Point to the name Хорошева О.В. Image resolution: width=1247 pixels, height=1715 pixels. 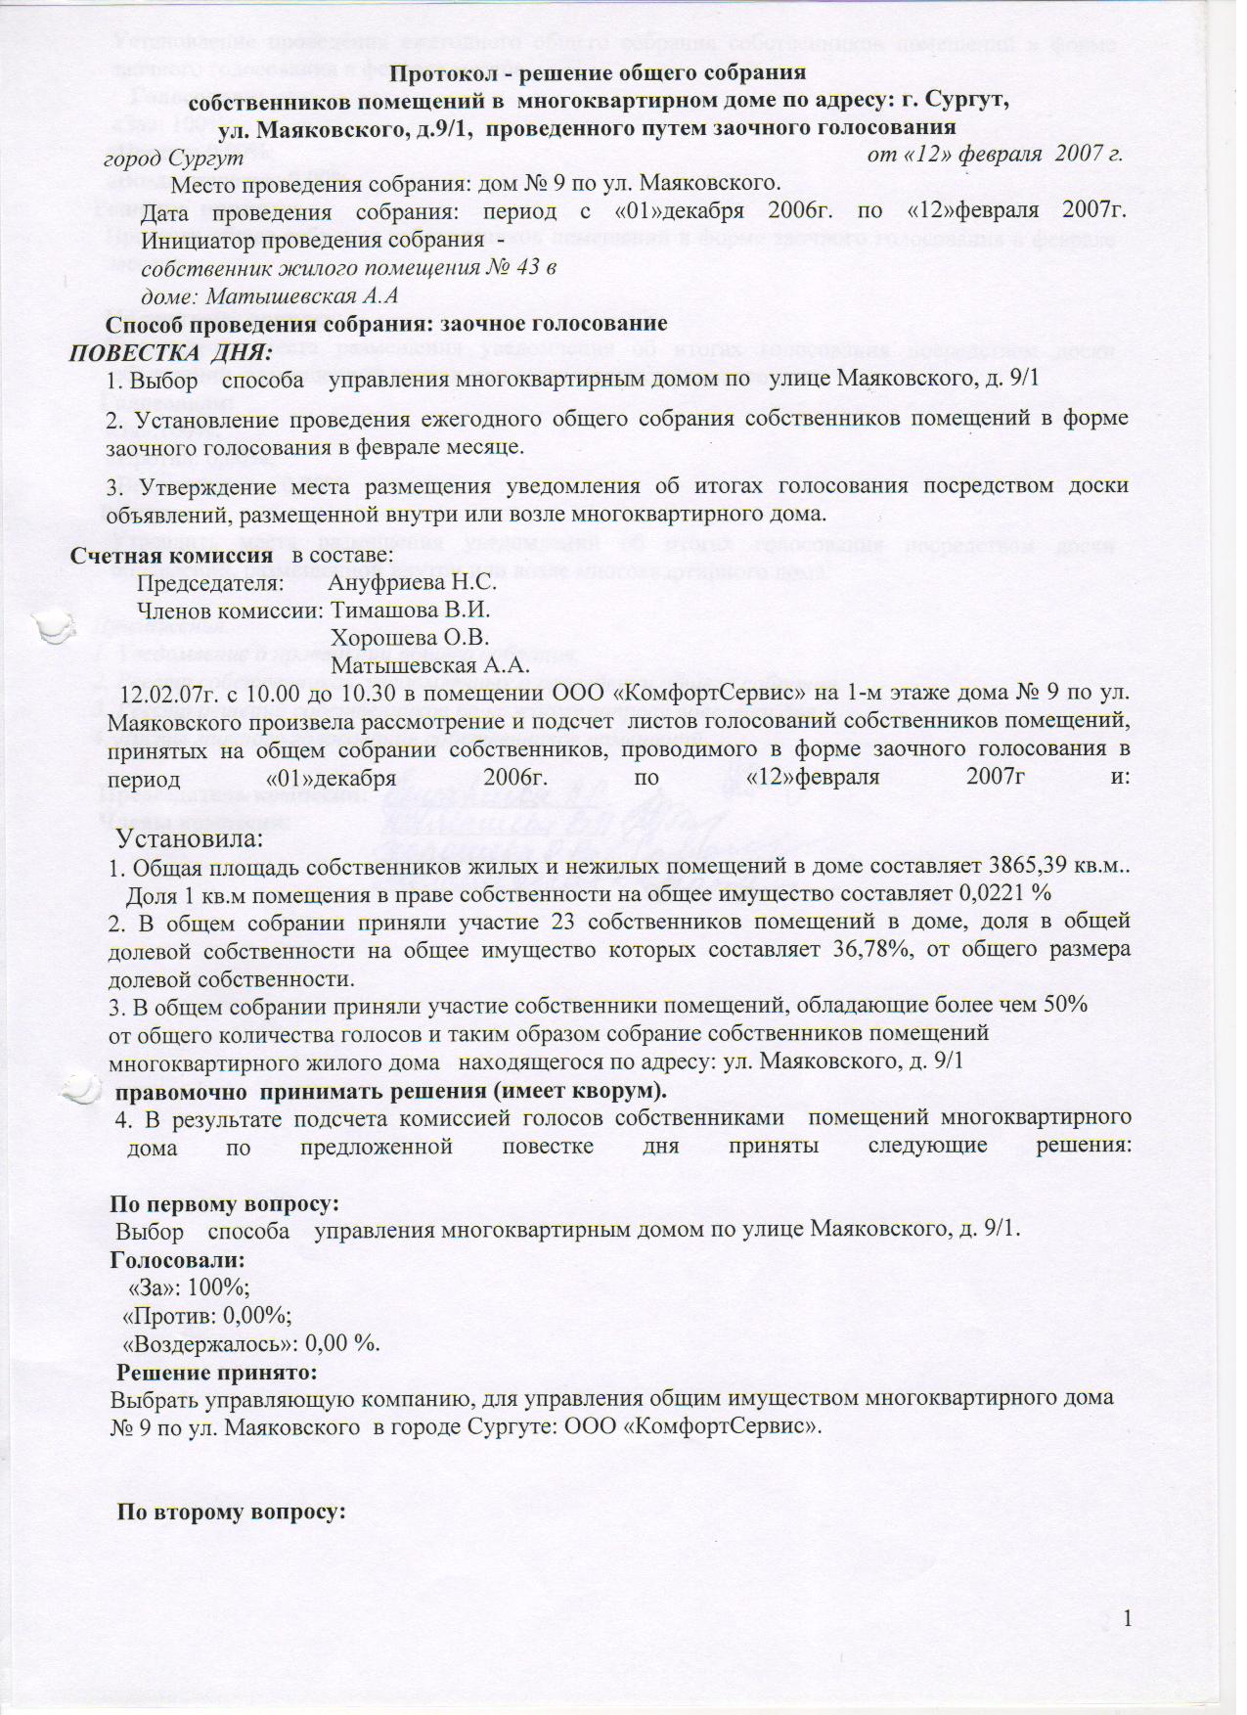(411, 639)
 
